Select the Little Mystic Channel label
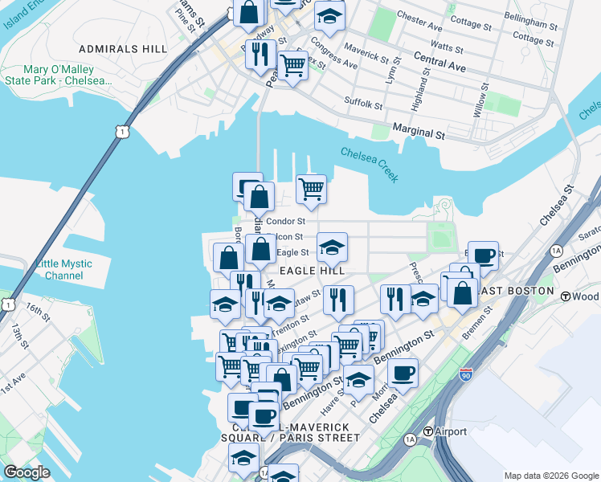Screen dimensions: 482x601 [x=63, y=269]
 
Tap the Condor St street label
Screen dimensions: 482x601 [x=286, y=221]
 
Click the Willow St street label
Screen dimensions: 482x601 [x=481, y=100]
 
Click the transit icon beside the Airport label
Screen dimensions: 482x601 [x=429, y=431]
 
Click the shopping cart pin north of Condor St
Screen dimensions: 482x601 [x=311, y=190]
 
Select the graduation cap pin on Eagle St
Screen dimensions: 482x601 [x=331, y=248]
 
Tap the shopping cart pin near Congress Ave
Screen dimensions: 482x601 [x=292, y=64]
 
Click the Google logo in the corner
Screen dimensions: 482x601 [x=27, y=472]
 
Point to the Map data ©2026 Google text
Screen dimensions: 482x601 [x=550, y=475]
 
